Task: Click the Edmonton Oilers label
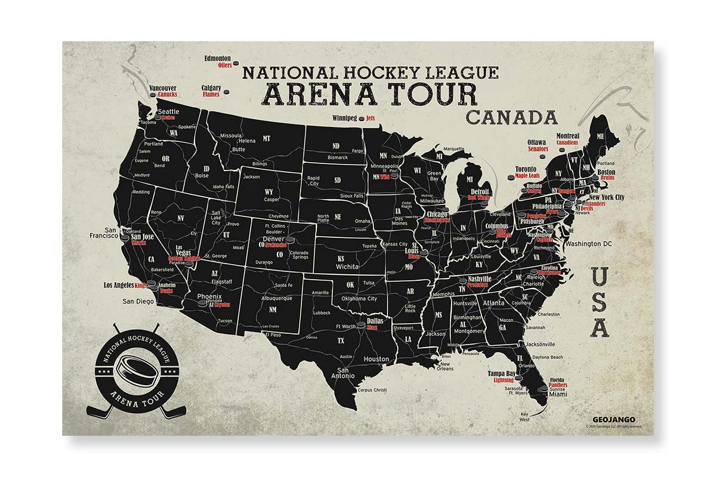click(218, 61)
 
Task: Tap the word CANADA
click(511, 117)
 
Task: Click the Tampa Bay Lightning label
click(501, 376)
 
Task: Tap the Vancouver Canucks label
click(163, 91)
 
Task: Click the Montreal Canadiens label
click(567, 140)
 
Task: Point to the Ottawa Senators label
click(538, 145)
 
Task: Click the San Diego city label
click(138, 301)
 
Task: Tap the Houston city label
click(376, 359)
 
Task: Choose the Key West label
click(524, 416)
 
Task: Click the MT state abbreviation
click(267, 138)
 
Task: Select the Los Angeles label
click(119, 286)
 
